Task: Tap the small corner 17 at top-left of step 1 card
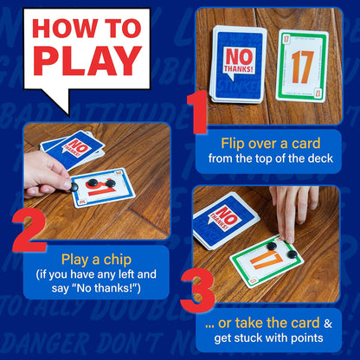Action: pyautogui.click(x=282, y=38)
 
